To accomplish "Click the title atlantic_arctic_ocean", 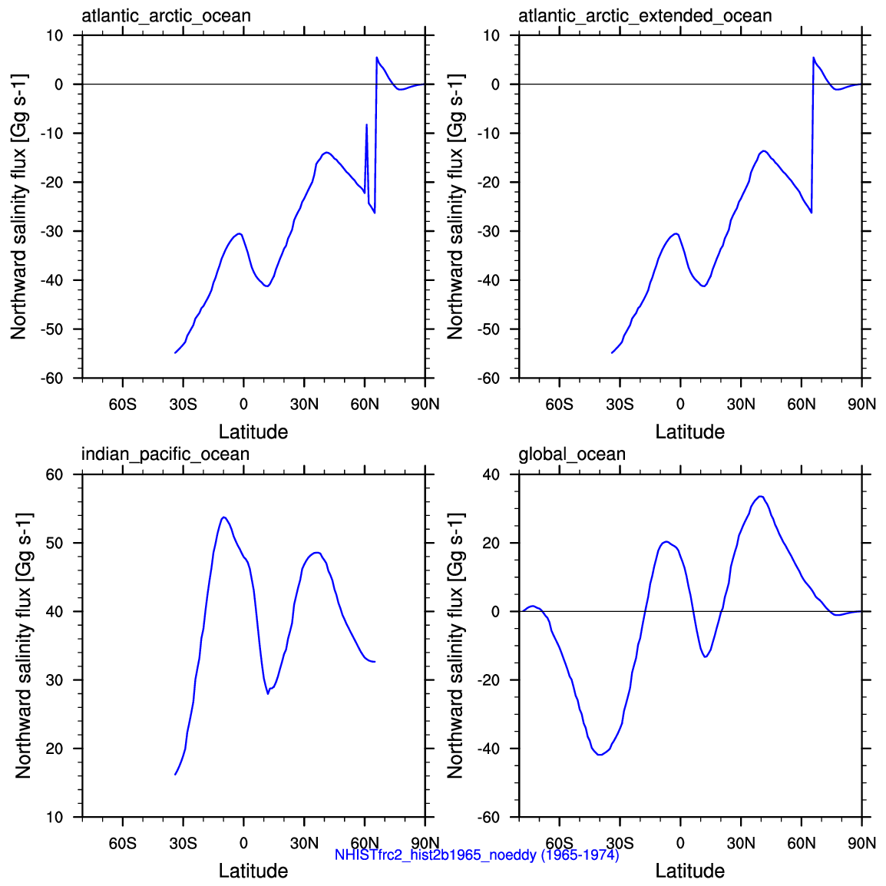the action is coord(166,16).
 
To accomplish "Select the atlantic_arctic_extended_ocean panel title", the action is coord(645,16).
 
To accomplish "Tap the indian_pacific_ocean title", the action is coord(165,455).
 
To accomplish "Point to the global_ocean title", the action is coord(572,455).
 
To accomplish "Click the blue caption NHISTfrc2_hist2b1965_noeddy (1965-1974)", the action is coord(477,855).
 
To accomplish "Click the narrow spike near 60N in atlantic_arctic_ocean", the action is coord(367,125).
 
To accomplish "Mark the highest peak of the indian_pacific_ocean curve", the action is coord(224,517).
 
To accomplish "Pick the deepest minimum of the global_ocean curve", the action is coord(600,755).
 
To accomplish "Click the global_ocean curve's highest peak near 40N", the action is coord(761,496).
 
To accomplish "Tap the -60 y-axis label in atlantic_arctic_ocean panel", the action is coord(51,379).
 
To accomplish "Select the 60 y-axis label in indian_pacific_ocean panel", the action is coord(55,474).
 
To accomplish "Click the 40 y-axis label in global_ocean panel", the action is coord(491,474).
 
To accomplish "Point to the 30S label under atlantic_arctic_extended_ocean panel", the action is coord(620,405).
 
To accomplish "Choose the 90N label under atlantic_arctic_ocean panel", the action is coord(425,405).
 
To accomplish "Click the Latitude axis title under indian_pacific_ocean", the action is coord(253,871).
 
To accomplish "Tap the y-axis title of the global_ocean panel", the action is coord(455,645).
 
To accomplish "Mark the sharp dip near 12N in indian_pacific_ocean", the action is coord(268,693).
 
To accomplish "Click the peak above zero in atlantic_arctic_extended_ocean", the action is coord(814,58).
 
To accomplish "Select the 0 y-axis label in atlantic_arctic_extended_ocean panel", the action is coord(495,84).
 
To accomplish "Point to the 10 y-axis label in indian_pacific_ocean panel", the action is coord(55,817).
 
